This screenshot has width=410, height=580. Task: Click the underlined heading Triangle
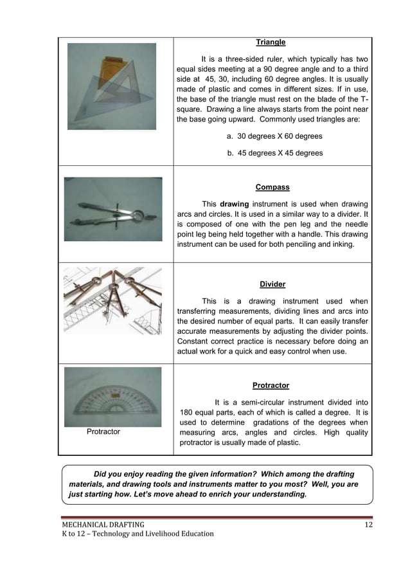271,42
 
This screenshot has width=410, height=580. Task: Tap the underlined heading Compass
272,187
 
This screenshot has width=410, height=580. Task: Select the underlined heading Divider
272,284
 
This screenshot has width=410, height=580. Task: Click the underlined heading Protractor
271,386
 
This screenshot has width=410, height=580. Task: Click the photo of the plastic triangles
112,86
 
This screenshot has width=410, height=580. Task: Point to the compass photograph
113,209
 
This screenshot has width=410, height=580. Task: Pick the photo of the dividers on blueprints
112,301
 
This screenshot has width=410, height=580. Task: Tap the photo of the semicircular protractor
112,397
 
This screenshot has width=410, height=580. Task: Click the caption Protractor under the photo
103,432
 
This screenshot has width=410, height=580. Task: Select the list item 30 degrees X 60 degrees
274,136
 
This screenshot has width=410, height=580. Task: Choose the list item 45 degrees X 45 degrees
274,153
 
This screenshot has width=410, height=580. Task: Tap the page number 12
368,526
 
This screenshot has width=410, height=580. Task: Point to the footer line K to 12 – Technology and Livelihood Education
138,534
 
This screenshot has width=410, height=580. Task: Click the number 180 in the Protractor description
188,412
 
